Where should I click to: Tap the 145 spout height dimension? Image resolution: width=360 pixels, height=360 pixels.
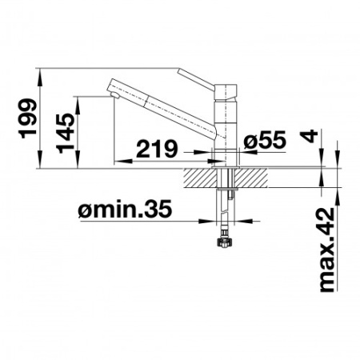66,133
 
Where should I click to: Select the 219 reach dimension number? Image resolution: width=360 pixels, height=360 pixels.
157,149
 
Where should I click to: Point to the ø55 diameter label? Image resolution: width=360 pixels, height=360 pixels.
265,140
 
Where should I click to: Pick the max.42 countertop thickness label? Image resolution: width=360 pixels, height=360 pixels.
327,250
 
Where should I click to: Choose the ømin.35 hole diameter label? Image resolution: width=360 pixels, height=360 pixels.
125,209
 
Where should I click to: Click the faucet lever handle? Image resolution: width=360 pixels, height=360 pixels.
196,80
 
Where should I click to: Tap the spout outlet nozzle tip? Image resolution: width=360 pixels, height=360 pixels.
114,95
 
